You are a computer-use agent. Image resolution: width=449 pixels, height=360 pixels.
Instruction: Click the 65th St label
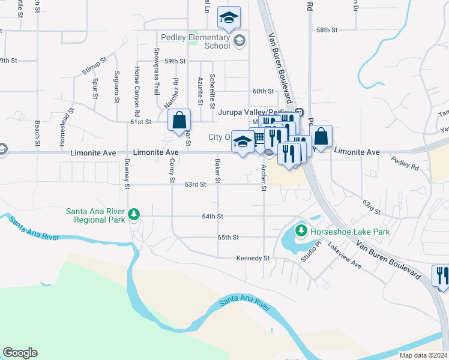228,238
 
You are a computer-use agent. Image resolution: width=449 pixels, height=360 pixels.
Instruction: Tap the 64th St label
212,216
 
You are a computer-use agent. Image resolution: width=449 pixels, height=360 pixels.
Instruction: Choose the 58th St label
327,29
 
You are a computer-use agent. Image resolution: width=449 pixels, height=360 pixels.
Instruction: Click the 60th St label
263,91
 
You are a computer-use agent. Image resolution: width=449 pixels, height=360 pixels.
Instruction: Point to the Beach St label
37,133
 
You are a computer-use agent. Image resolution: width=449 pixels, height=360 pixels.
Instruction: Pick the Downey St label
127,174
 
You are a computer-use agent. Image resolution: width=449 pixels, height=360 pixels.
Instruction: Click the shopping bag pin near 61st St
179,120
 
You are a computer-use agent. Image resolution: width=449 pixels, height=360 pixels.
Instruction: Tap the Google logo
20,353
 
